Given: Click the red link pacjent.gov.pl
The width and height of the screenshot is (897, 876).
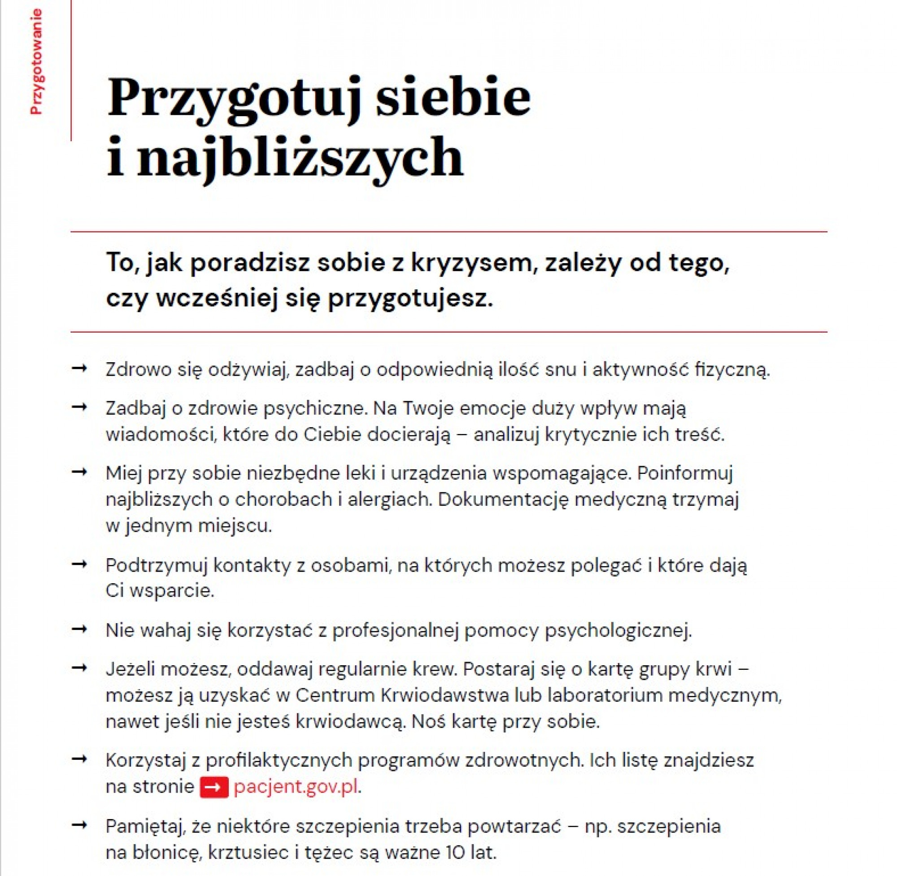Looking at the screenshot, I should [x=296, y=787].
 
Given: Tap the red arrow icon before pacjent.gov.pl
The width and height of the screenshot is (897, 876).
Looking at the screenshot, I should [x=214, y=787].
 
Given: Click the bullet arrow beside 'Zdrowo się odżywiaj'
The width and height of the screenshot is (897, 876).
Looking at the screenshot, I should [x=80, y=368].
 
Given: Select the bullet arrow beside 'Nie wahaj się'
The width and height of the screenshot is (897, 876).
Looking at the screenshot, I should [x=80, y=629].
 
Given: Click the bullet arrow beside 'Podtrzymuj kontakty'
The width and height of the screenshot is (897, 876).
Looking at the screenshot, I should [x=80, y=564].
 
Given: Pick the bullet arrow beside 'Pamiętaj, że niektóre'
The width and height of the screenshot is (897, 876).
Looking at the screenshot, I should [x=80, y=825].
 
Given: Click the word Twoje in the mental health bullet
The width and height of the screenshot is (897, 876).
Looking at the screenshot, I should [x=428, y=408].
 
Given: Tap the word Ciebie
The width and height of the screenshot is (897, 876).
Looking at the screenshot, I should [x=332, y=434].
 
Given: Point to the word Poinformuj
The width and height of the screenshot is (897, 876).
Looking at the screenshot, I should [x=684, y=473].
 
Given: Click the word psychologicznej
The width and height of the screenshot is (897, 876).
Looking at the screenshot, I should [x=618, y=630].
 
